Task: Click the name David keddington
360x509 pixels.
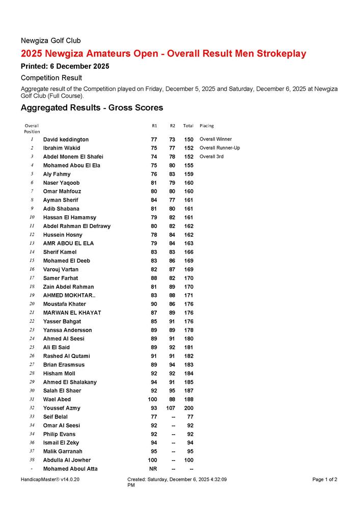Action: click(66, 139)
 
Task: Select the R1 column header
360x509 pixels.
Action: click(154, 126)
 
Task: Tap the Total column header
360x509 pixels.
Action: click(188, 126)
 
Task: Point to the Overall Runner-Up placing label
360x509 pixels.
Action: click(219, 148)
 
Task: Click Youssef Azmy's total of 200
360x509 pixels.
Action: click(188, 408)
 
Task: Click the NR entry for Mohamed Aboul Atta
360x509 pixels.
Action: click(153, 469)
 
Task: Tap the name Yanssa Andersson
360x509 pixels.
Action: click(67, 330)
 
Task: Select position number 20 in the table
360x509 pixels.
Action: click(32, 304)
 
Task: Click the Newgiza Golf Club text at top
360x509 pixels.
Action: click(50, 41)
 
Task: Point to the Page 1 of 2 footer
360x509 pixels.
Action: click(324, 479)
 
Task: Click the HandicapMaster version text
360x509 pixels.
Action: click(50, 479)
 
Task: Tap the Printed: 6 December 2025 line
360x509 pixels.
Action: click(65, 66)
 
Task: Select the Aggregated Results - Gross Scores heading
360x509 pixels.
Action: click(92, 108)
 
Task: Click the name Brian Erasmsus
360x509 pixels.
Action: click(64, 365)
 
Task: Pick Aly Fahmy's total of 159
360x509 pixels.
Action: click(188, 174)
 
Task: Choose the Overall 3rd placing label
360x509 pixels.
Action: click(211, 157)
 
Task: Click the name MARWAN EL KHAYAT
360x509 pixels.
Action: click(72, 313)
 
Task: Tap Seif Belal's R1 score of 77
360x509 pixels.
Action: click(154, 417)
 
